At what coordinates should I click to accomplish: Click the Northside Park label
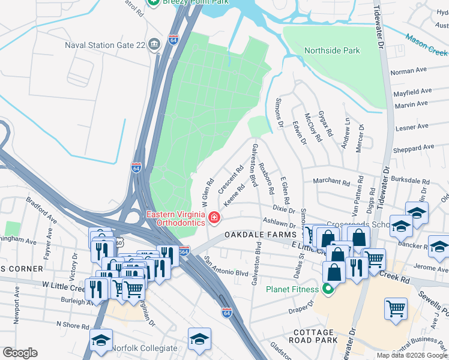click(332, 50)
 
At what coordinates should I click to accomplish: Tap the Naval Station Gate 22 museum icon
click(155, 44)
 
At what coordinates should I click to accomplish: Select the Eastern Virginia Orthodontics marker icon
click(214, 217)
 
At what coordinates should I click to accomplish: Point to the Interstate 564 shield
click(184, 250)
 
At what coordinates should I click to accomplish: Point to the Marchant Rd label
click(331, 182)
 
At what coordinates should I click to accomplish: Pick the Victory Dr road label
click(73, 264)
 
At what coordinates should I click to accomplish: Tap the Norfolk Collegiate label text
click(146, 348)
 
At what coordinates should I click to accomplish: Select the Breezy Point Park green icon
click(154, 2)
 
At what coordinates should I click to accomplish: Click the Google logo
click(20, 353)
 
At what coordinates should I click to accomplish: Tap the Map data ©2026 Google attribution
click(412, 355)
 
